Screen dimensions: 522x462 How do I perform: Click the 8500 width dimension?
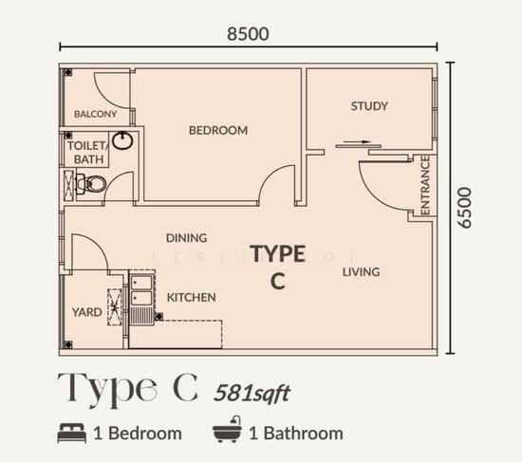[248, 34]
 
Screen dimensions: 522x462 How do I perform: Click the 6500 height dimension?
[464, 208]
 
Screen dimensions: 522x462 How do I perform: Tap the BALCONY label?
[95, 114]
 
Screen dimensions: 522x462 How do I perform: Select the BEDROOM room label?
[218, 130]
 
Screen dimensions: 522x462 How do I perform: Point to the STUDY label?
[369, 106]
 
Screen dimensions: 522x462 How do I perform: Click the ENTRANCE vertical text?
[425, 185]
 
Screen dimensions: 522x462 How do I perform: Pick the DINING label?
[186, 238]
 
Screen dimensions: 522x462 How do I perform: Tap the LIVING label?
[362, 272]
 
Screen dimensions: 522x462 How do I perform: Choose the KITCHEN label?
[191, 298]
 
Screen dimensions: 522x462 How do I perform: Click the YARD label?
[87, 312]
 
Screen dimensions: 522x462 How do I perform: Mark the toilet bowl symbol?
[91, 183]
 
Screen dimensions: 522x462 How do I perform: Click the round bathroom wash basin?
[122, 140]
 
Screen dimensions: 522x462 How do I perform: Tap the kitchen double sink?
[142, 289]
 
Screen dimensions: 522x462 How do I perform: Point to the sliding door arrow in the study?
[357, 141]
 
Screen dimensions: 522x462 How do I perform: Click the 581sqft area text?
[252, 394]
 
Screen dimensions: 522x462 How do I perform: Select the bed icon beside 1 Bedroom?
[72, 433]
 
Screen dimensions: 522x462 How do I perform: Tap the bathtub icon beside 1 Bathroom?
[228, 430]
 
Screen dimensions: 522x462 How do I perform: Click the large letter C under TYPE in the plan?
[278, 281]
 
